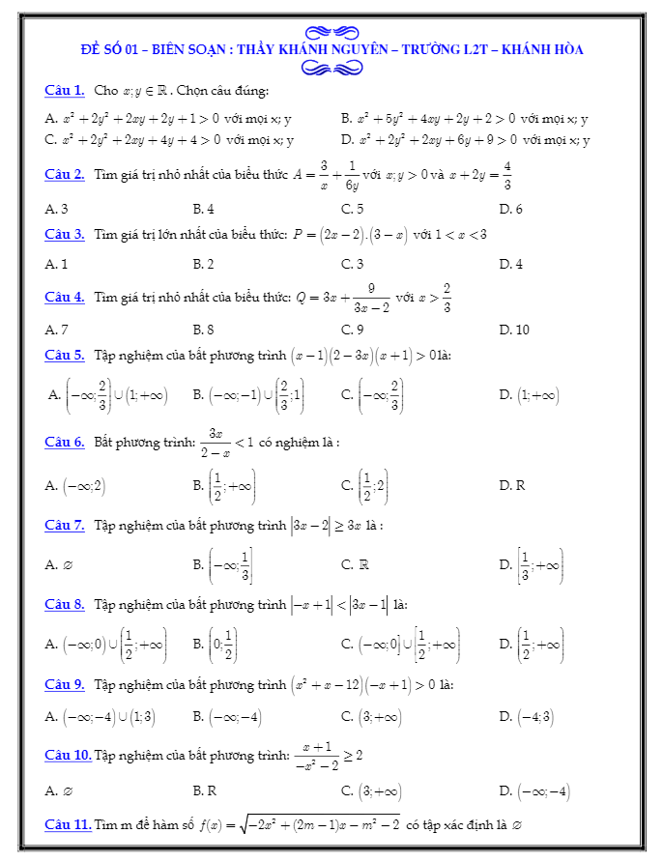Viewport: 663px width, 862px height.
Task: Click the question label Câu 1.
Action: (x=65, y=90)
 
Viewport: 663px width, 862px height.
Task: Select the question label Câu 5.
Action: (x=65, y=356)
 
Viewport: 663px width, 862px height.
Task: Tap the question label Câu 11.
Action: (x=69, y=824)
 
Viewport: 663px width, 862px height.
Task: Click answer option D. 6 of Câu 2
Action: (x=510, y=209)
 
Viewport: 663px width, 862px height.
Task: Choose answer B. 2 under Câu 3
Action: (x=203, y=264)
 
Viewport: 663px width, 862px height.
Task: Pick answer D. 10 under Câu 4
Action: (x=514, y=330)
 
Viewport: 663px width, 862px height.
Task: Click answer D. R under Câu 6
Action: (x=512, y=485)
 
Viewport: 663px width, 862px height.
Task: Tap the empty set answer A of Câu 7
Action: (x=59, y=564)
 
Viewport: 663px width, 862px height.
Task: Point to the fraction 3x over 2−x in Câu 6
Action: (x=216, y=443)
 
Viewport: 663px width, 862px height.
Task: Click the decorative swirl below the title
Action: (x=331, y=67)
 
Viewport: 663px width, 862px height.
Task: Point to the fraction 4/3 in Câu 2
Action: (x=507, y=175)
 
